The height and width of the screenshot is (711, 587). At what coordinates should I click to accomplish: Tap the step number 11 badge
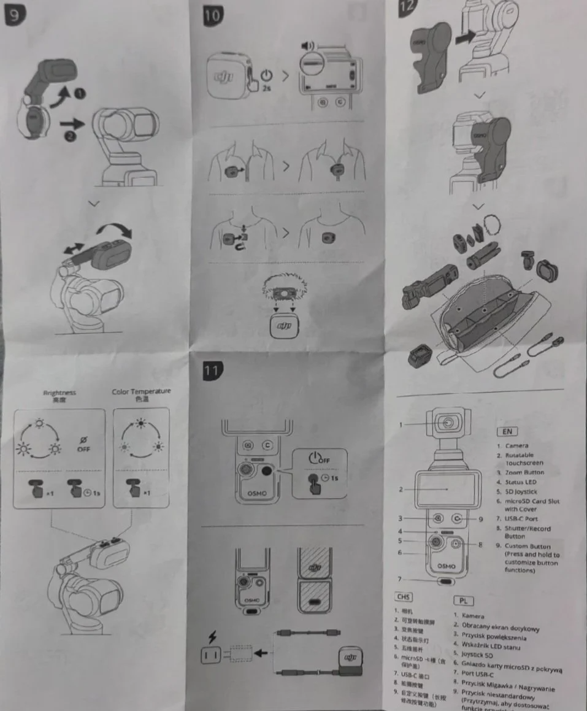pos(212,369)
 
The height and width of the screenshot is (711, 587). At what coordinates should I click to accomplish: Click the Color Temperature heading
pos(141,391)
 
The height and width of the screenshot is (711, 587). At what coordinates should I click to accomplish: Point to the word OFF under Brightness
pos(83,448)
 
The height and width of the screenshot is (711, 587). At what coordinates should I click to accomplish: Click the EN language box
pos(509,432)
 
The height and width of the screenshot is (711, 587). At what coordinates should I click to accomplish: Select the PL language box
pos(463,601)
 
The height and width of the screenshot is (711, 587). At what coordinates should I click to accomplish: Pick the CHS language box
pos(404,597)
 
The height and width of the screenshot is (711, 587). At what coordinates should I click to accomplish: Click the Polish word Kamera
pos(473,615)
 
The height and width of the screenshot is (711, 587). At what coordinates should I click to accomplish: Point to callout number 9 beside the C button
pos(481,519)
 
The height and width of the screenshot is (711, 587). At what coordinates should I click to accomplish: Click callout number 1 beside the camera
pos(401,424)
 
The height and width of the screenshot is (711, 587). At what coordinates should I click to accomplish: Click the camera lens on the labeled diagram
pos(449,423)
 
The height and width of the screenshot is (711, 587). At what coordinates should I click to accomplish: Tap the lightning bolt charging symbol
pos(212,637)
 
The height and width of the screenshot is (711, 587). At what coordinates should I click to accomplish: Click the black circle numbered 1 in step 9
pos(80,94)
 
